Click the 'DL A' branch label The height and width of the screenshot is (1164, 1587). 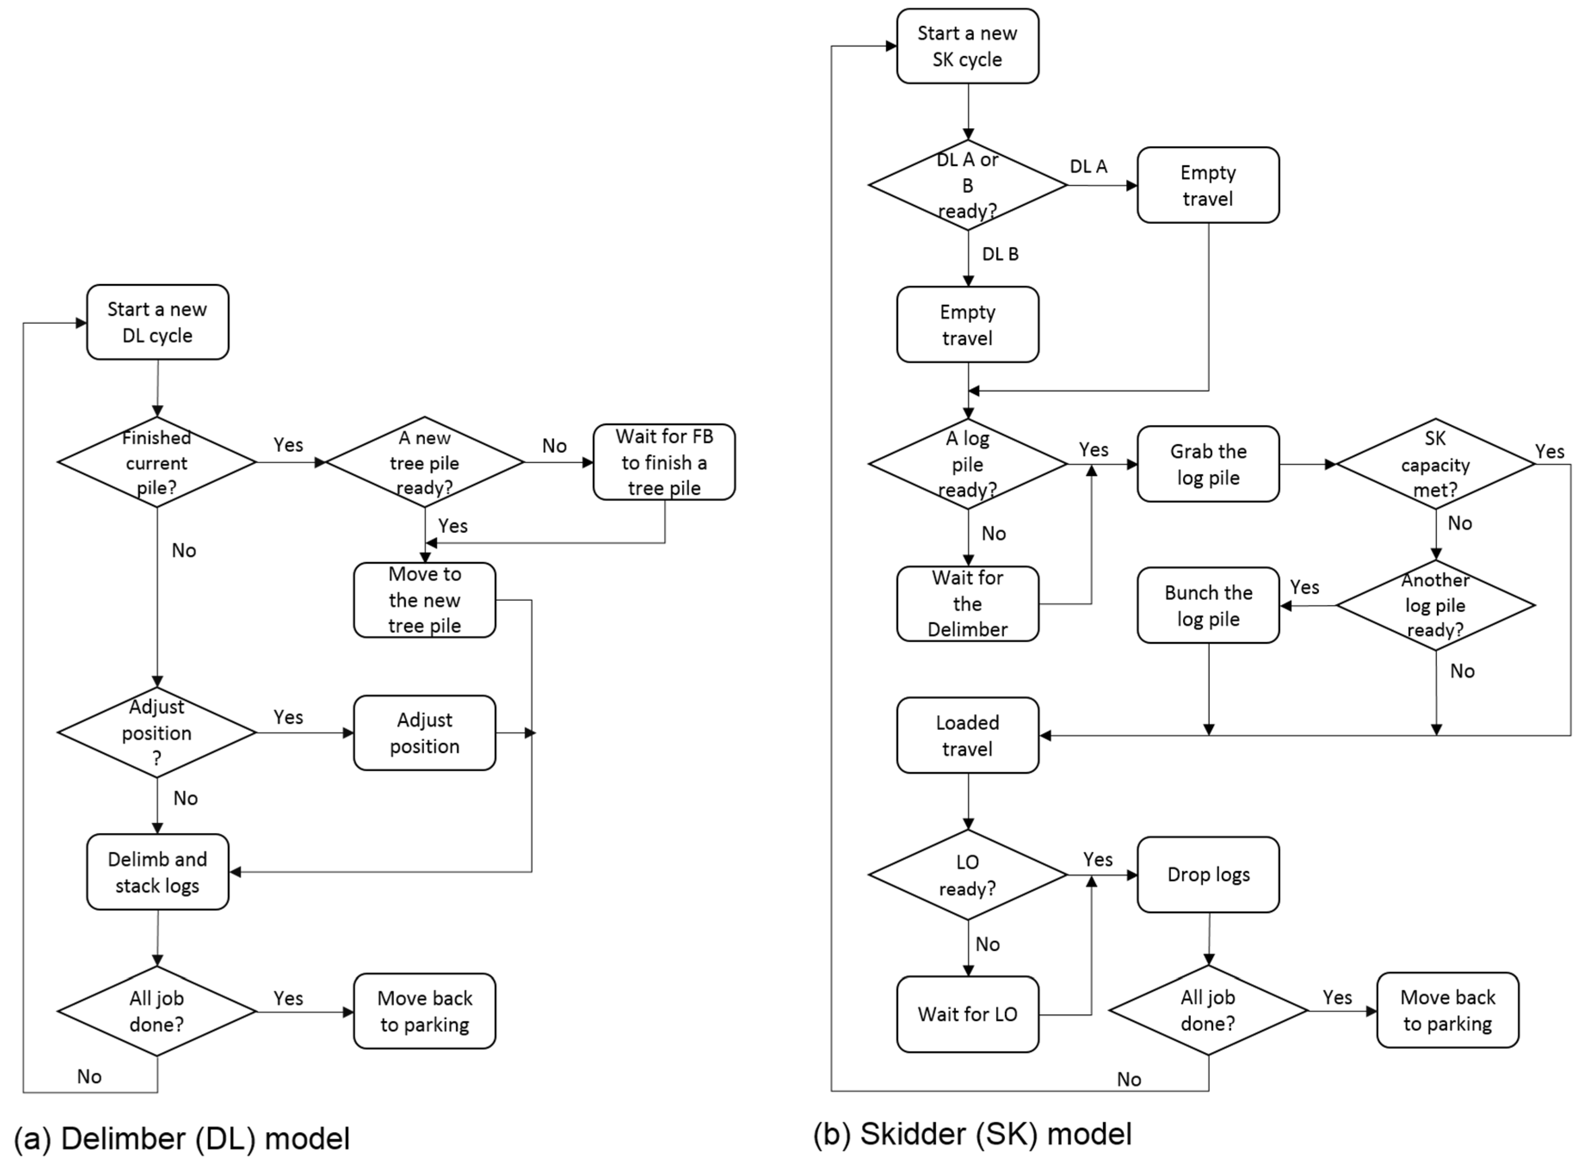pyautogui.click(x=1088, y=166)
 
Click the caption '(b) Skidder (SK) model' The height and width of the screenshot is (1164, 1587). pyautogui.click(x=972, y=1134)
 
